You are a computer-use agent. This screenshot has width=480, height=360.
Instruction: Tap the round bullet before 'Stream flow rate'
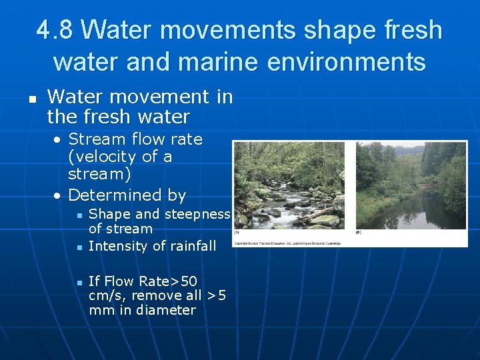coord(59,140)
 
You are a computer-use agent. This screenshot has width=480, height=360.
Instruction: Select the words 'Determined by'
coord(127,195)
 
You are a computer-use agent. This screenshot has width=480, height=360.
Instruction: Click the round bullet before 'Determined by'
coord(59,196)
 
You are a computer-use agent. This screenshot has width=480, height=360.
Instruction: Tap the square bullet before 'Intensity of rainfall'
coord(79,247)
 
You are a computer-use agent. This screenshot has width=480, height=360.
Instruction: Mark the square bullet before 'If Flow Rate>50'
coord(79,282)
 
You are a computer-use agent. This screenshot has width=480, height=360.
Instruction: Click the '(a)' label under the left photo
coord(237,233)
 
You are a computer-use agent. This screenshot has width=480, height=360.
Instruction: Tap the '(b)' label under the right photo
coord(359,233)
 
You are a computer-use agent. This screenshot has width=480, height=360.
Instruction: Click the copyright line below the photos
coord(287,243)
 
